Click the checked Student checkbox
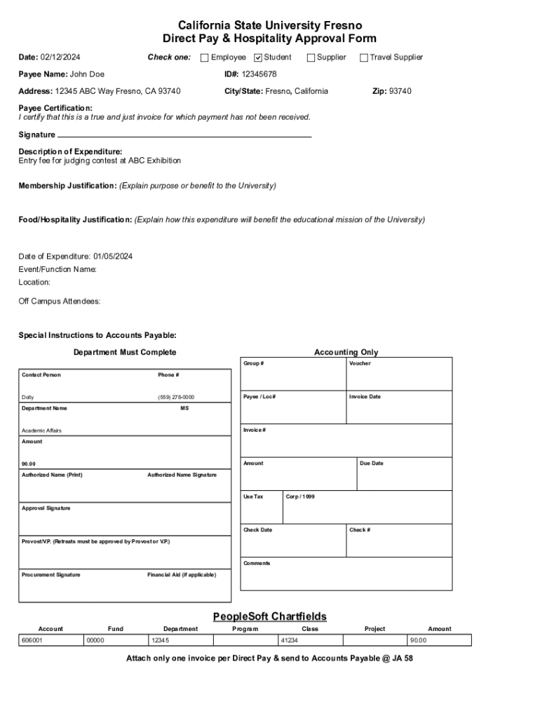[x=257, y=57]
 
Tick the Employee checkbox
[x=205, y=57]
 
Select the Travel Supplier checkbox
[x=364, y=57]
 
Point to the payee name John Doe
[x=87, y=74]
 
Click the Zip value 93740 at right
[x=400, y=91]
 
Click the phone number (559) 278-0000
[x=176, y=398]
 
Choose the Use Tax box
[x=261, y=508]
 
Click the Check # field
[x=399, y=541]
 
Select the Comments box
[x=346, y=574]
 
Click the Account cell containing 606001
[x=50, y=640]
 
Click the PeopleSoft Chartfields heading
[x=270, y=616]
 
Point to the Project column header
[x=374, y=629]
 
